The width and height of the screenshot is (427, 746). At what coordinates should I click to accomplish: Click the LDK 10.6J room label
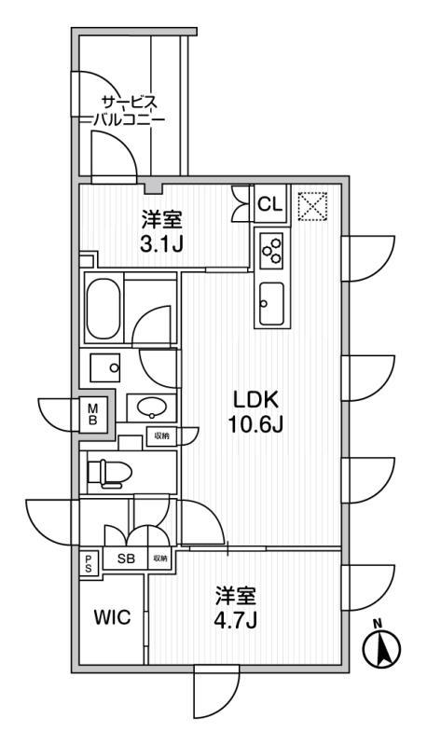256,411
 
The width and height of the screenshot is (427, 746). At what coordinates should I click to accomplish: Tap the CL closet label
270,204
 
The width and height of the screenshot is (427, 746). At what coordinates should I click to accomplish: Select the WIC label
111,617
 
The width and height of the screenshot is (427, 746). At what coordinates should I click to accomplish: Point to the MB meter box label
93,413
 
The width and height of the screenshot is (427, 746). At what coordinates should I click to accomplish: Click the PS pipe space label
89,563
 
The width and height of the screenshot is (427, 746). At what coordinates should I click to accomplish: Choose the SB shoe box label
126,559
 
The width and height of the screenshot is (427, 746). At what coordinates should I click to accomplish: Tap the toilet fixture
109,473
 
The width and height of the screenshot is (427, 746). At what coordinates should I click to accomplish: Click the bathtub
104,308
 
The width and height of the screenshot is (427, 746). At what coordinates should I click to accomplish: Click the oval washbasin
152,408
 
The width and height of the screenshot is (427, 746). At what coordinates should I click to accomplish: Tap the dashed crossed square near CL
312,206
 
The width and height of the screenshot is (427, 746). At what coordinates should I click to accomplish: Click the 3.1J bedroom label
161,232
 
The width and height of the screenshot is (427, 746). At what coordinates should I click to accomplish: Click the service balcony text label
129,110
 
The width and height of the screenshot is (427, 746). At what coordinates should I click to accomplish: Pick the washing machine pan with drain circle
105,366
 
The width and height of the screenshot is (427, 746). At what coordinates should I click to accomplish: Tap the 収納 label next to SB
160,559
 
